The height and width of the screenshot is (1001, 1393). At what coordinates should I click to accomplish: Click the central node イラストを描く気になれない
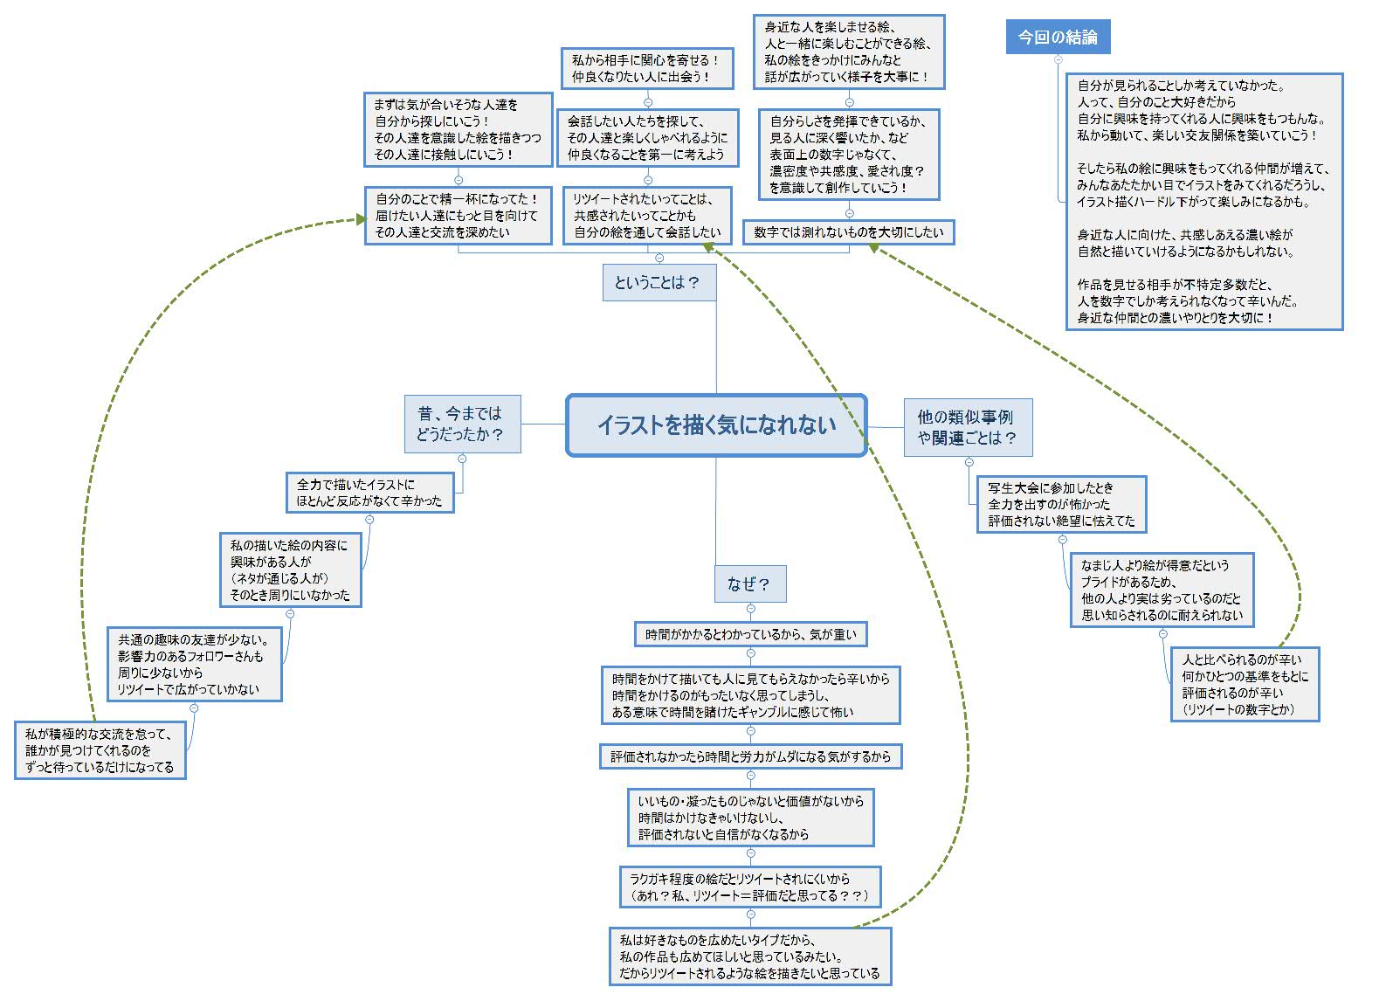click(x=716, y=425)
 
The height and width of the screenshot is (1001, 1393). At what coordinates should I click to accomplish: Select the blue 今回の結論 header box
click(x=1058, y=38)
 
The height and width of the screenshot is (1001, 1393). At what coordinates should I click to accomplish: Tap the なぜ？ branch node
click(x=750, y=583)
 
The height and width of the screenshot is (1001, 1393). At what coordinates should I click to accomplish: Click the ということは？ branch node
click(x=659, y=282)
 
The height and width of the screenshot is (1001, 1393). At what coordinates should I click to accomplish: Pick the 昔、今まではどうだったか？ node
click(x=463, y=424)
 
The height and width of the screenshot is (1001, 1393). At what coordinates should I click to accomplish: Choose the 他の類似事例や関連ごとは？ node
click(x=969, y=427)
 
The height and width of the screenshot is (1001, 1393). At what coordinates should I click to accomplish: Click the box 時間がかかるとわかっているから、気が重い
click(x=750, y=634)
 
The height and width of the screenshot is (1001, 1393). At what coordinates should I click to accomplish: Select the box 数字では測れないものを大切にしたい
click(x=848, y=232)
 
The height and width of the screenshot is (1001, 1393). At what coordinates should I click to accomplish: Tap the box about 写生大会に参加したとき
click(x=1061, y=505)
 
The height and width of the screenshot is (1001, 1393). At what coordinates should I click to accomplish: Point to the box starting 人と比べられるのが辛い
click(x=1245, y=684)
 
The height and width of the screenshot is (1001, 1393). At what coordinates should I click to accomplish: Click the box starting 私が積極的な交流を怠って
click(x=100, y=750)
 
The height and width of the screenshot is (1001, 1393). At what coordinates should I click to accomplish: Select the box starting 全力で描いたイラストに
click(x=370, y=493)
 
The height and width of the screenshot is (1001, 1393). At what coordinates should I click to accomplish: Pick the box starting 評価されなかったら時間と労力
click(x=750, y=756)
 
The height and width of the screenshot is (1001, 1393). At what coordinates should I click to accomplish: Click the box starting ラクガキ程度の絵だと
click(x=750, y=887)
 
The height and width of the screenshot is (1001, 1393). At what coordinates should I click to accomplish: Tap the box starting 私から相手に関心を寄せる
click(x=647, y=68)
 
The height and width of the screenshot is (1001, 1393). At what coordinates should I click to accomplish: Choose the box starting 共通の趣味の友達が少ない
click(x=195, y=665)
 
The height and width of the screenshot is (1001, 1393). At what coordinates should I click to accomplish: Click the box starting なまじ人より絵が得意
click(x=1162, y=590)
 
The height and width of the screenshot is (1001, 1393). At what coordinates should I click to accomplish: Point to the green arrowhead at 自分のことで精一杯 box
click(x=362, y=219)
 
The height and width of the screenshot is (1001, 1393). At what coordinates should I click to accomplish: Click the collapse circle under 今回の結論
click(x=1058, y=59)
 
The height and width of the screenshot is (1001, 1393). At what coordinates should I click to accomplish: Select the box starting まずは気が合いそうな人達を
click(x=459, y=130)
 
